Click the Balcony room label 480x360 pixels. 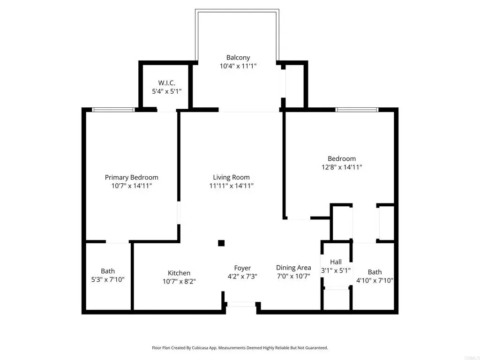pos(238,58)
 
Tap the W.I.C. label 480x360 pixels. pos(166,83)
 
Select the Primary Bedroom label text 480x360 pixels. pos(131,177)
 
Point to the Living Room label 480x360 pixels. pos(231,177)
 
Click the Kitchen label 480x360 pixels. pos(179,273)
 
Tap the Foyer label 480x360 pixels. pos(242,268)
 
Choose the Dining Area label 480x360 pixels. pos(293,268)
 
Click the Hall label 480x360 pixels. pos(336,262)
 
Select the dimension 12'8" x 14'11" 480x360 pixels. pos(341,167)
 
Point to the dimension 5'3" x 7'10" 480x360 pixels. pos(108,280)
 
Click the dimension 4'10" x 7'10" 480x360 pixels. pos(375,280)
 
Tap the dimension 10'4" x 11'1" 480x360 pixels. pos(238,66)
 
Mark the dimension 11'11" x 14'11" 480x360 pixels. pos(231,186)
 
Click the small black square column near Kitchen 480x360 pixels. pos(221,243)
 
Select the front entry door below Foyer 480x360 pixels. pos(241,304)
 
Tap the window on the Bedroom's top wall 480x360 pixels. pos(357,110)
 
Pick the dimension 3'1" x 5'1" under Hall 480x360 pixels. pos(336,270)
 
